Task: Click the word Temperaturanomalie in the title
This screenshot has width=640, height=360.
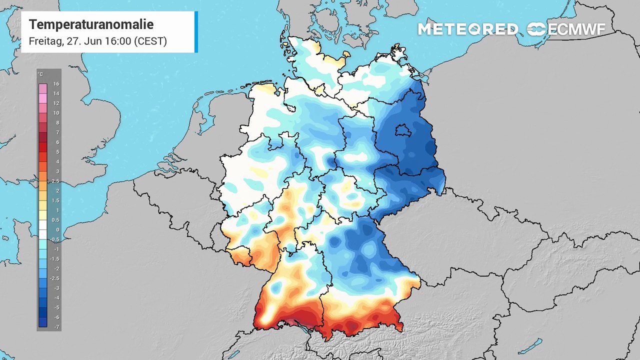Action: coord(91,24)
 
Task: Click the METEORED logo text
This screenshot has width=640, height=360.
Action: coord(468,29)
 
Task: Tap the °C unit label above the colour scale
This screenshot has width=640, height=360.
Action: coord(40,74)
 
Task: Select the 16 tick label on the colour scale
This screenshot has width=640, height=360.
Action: coord(56,84)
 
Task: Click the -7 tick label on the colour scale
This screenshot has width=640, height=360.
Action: coord(56,326)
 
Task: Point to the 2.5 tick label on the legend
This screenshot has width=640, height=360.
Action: coord(55,181)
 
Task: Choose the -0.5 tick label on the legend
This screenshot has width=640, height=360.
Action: coord(55,239)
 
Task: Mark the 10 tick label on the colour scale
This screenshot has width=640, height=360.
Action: coord(56,113)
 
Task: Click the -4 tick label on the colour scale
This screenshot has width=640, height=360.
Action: coord(56,297)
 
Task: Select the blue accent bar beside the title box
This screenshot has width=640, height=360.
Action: coord(196,32)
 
